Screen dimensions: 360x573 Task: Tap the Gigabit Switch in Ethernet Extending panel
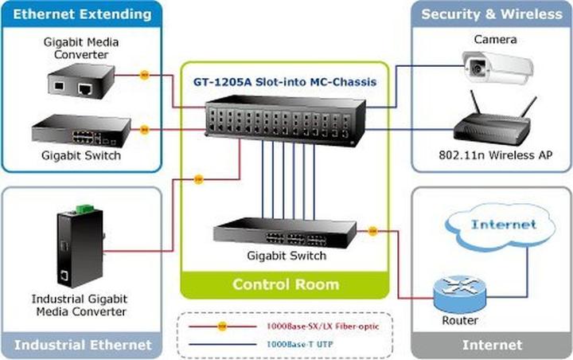(80, 131)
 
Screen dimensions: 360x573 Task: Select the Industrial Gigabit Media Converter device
(72, 248)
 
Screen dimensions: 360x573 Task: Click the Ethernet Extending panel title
(83, 14)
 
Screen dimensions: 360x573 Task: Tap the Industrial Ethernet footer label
(83, 345)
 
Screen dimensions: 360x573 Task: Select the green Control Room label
(285, 284)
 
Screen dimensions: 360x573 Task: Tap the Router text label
(460, 320)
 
